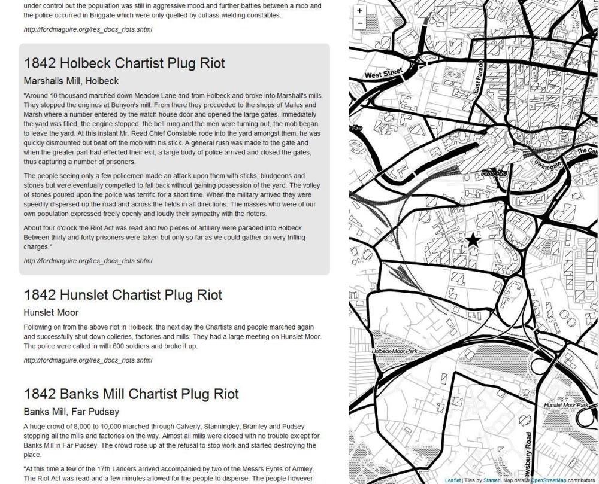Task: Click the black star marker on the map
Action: (x=473, y=240)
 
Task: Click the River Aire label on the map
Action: (x=495, y=173)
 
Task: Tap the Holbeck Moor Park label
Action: (x=394, y=351)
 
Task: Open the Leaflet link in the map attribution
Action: (x=453, y=480)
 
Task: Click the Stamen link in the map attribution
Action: (x=492, y=480)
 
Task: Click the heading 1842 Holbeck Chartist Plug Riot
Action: (x=125, y=63)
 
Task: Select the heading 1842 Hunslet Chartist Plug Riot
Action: (x=123, y=295)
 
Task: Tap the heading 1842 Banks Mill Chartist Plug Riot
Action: (x=131, y=394)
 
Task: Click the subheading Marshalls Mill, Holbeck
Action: (x=71, y=81)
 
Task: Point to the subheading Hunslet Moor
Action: (x=51, y=312)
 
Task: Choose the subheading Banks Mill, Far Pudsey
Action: (x=71, y=412)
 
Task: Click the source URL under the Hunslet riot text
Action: (x=87, y=360)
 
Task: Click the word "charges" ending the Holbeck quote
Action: (x=38, y=246)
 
